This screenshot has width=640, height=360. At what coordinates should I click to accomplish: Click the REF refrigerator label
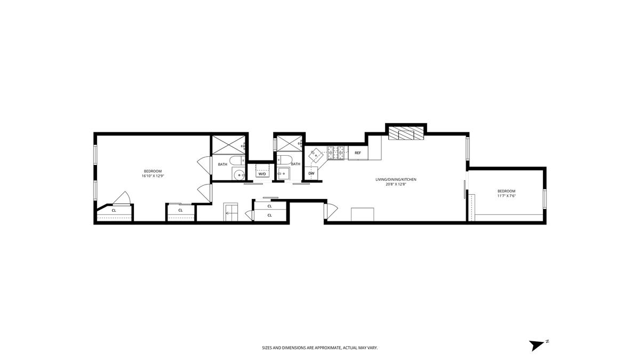coord(358,153)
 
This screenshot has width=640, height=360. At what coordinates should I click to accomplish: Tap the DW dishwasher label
coord(311,173)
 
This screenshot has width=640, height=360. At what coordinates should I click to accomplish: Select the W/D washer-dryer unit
coord(262,171)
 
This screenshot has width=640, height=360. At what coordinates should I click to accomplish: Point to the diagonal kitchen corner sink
coord(316,155)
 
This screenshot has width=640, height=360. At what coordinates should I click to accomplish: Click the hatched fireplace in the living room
coord(406,133)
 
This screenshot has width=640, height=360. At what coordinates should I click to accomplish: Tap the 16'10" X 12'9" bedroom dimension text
coord(153,176)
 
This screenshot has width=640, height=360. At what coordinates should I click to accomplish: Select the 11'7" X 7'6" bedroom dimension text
coord(507,196)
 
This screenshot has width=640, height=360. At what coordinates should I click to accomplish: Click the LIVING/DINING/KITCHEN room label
coord(396,179)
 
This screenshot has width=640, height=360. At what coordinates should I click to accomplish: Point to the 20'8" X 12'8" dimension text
coord(396,185)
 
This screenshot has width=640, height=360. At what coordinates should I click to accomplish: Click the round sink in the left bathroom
coord(238,174)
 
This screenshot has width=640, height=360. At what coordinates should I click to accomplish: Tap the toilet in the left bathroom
coord(237,161)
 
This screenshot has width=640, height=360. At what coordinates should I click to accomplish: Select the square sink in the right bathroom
coord(284,173)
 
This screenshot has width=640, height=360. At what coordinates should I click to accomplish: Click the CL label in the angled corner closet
coord(114,211)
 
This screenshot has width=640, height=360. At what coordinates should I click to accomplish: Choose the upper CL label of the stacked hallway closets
coord(269,206)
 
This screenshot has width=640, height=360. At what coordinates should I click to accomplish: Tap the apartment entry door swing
coord(331,211)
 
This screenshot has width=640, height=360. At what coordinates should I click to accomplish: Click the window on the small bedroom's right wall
coord(545,198)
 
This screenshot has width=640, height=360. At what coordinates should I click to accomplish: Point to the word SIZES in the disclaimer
coord(267,348)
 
